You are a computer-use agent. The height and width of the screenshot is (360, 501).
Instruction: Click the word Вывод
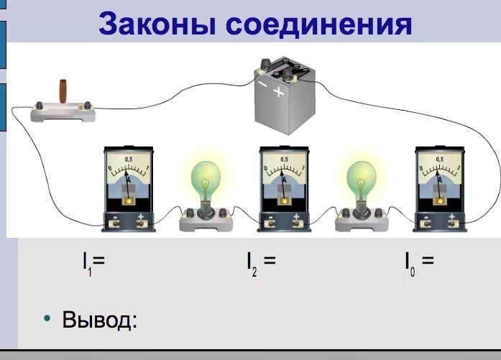tap(99, 319)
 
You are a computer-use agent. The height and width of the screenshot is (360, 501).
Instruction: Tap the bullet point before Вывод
tap(47, 318)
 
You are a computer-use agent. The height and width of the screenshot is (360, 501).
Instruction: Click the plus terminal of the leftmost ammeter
tap(141, 223)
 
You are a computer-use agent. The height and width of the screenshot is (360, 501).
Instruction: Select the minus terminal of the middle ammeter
tap(270, 223)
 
